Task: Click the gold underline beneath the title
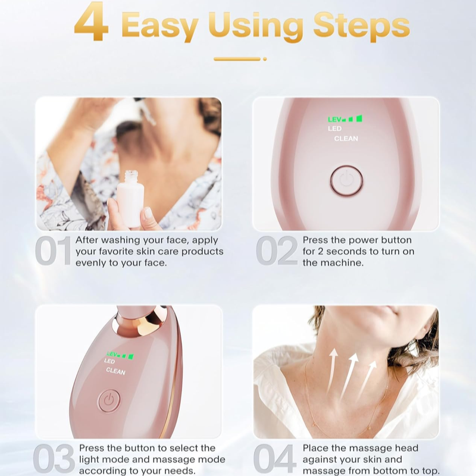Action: click(236, 58)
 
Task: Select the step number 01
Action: click(54, 251)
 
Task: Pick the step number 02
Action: click(277, 251)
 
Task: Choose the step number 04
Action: click(275, 458)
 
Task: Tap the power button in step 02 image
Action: click(346, 180)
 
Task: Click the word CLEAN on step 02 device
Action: click(346, 139)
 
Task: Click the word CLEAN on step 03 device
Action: click(115, 371)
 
